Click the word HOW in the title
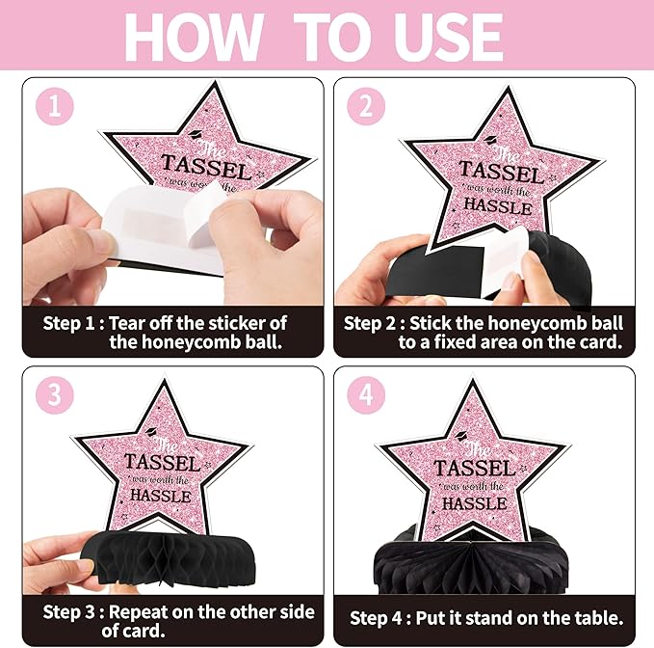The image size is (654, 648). point(194,37)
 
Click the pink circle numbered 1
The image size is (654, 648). point(55,106)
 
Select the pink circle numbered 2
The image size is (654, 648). point(366,106)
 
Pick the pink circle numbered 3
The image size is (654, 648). point(55,395)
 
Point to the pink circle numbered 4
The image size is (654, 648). point(366,395)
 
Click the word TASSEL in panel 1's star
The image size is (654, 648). point(206,167)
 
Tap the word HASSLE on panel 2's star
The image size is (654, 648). point(498,205)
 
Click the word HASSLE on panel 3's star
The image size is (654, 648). point(161,496)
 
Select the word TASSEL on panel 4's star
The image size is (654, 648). point(475,469)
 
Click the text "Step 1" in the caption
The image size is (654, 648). point(68,324)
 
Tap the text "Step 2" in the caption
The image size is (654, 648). point(370,324)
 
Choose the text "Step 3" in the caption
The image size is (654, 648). point(68,612)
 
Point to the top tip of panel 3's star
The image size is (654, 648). point(165,380)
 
